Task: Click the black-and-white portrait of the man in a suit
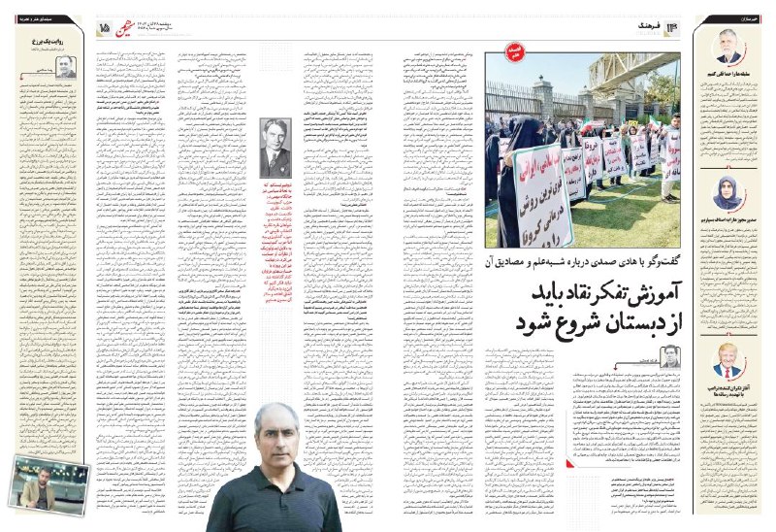click(x=279, y=148)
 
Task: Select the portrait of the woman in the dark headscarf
click(x=727, y=193)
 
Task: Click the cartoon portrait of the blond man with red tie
click(x=727, y=361)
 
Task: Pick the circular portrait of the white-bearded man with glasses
click(x=727, y=46)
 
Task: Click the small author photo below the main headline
click(x=670, y=357)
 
